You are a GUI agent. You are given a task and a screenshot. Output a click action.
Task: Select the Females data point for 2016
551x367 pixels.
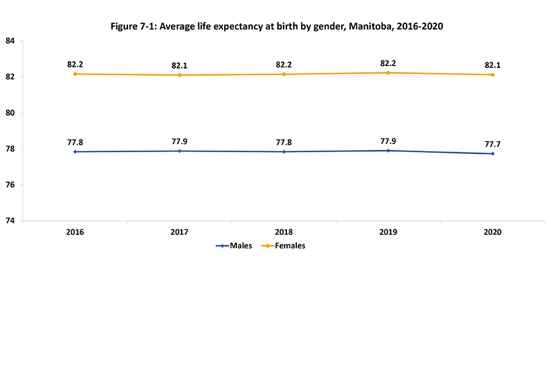pos(75,74)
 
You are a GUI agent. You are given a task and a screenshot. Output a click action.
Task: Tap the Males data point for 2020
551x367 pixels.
pos(492,154)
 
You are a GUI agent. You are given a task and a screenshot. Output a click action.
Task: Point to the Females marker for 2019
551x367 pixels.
pos(388,73)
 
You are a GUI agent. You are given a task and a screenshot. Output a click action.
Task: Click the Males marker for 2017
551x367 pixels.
pos(179,150)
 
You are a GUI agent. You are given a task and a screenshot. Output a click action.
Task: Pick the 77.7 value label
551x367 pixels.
pos(492,144)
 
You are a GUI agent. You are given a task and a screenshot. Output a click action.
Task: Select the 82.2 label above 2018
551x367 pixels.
pos(283,64)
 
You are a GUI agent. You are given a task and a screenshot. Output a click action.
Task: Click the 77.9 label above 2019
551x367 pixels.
pos(388,141)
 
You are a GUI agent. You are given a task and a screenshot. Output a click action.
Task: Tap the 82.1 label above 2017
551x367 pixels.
pos(179,65)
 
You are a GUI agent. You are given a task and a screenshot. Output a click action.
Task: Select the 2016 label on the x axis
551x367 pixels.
pos(75,232)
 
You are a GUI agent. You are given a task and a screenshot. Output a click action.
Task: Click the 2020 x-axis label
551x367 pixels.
pos(492,232)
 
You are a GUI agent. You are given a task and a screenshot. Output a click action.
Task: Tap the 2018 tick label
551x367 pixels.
pos(283,232)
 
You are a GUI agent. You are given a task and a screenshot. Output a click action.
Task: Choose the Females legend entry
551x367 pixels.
pos(283,246)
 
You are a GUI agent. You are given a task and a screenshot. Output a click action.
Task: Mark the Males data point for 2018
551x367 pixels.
pos(283,152)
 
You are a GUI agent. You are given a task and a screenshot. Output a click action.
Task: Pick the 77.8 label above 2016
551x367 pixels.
pos(75,142)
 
